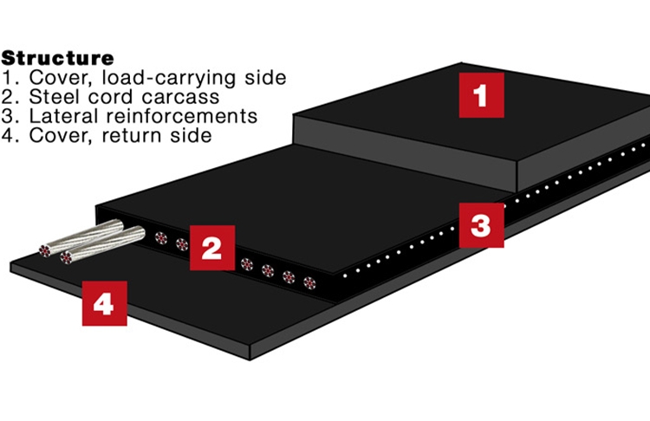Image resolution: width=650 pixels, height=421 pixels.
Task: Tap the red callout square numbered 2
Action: coord(211,247)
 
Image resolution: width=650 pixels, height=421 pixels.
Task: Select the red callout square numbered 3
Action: coord(481,226)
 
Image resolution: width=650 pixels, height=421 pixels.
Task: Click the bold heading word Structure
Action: coord(57,59)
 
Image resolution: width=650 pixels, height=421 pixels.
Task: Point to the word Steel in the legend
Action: coord(49,97)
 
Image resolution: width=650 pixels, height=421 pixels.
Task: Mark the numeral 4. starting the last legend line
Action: coord(10,135)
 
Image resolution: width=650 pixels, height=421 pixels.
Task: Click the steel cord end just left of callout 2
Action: coord(182,244)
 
